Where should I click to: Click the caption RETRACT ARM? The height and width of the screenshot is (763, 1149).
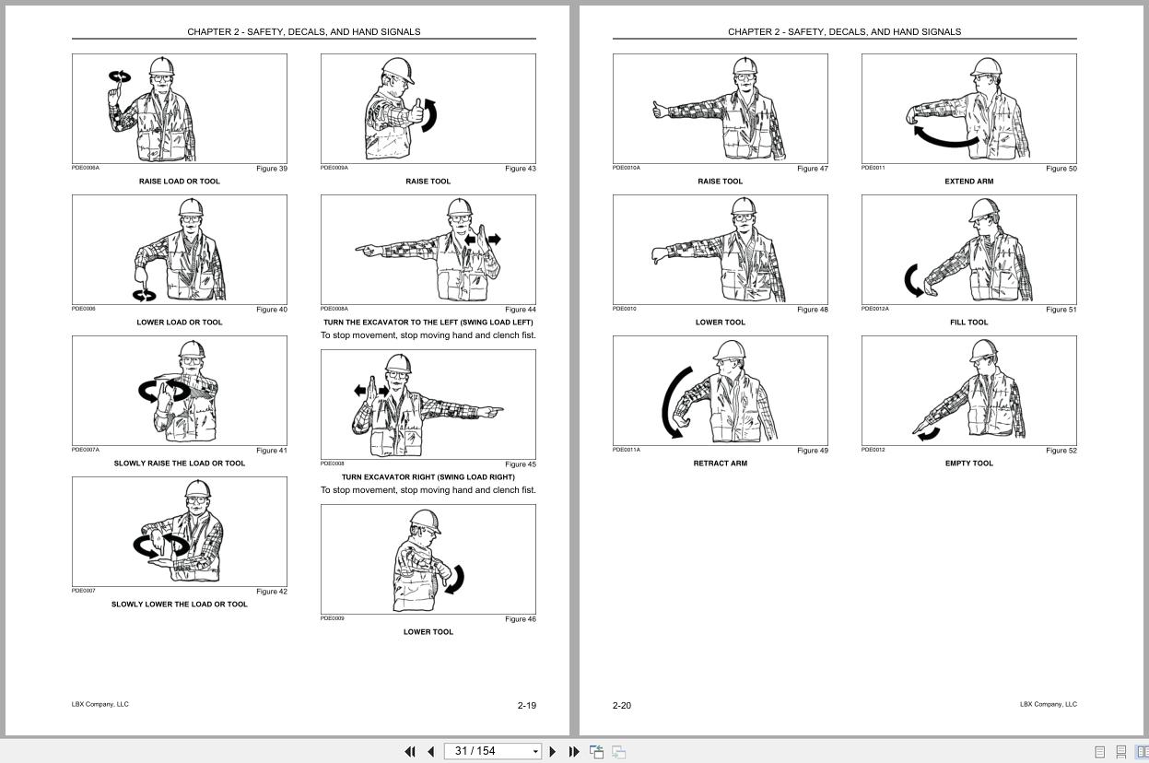point(720,464)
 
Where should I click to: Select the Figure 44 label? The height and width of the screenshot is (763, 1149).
point(520,310)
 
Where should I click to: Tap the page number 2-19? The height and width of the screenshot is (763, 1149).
point(526,706)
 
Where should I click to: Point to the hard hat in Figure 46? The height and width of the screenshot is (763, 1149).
point(425,522)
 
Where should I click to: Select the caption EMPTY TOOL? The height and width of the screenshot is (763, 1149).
point(968,464)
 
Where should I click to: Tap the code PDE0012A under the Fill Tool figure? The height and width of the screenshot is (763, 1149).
point(874,309)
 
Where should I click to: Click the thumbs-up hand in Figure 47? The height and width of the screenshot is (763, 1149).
point(661,112)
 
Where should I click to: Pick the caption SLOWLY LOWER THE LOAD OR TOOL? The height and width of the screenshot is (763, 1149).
point(179,605)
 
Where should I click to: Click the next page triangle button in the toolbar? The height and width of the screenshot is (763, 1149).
point(553,751)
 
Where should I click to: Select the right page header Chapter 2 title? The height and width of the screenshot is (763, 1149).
point(844,31)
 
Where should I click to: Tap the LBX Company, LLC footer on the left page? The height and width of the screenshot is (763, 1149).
point(100,704)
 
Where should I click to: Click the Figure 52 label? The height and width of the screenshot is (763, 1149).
point(1061,451)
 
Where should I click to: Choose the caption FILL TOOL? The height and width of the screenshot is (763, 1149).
point(968,323)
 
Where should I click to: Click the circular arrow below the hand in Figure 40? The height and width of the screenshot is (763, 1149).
point(145,295)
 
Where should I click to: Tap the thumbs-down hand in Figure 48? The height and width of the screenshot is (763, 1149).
point(659,255)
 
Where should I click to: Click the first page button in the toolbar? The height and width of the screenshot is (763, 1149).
point(410,751)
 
